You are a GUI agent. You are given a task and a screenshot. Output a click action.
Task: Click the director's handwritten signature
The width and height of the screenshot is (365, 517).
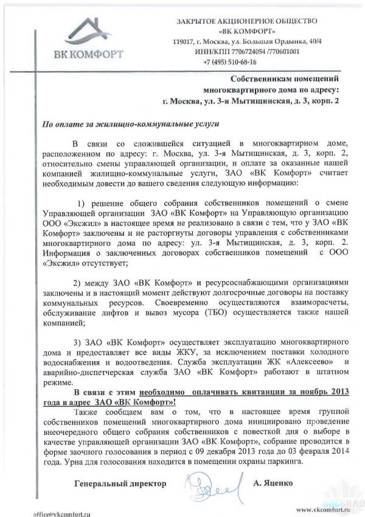tap(213, 487)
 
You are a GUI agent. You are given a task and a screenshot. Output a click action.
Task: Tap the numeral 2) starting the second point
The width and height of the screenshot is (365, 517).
tap(77, 283)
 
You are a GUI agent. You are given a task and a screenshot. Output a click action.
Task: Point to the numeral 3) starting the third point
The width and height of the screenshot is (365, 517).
tap(77, 342)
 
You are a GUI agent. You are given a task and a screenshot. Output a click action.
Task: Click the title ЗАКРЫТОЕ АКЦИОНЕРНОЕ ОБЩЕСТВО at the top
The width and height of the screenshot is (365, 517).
tap(254, 21)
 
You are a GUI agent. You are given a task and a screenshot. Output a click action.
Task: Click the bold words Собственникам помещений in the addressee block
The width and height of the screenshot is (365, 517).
tap(283, 79)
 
